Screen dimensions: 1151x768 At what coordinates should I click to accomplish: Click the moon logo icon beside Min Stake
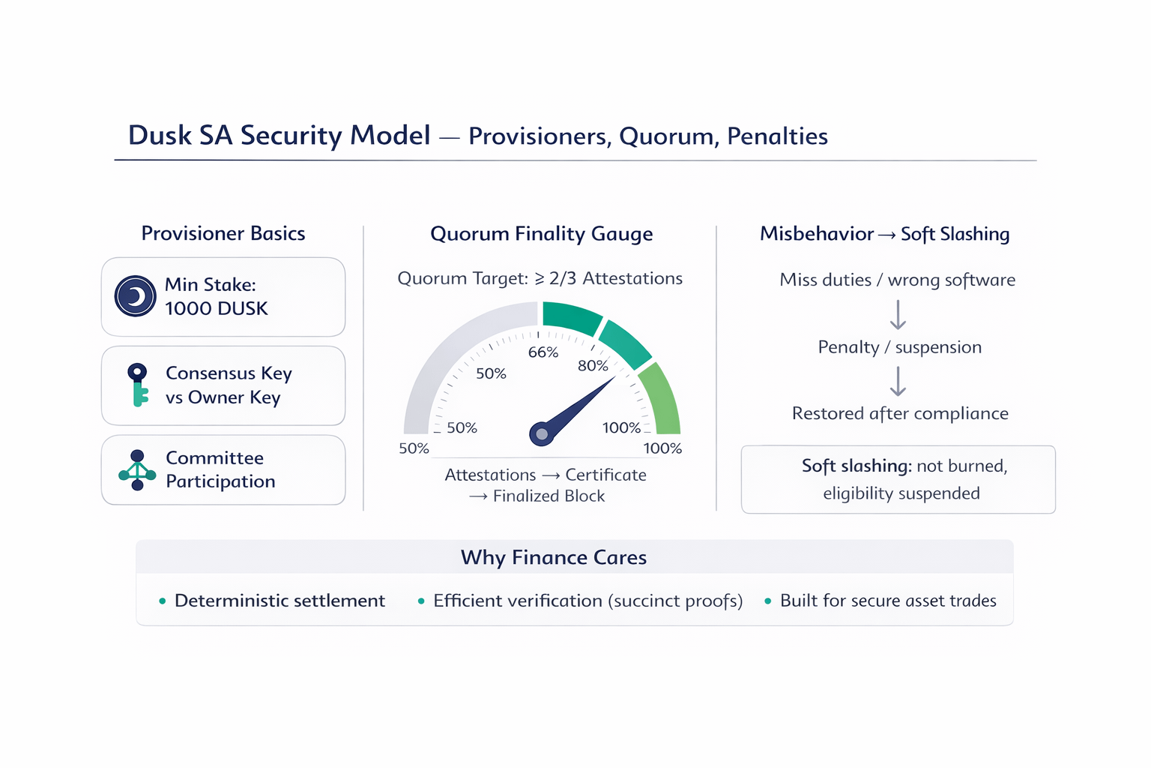click(135, 296)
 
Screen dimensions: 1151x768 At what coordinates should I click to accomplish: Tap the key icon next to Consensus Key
click(137, 384)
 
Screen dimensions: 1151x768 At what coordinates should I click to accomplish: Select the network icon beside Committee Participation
click(137, 470)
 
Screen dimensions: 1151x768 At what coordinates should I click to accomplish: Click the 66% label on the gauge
click(543, 352)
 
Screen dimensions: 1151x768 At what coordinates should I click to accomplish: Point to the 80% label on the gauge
click(593, 366)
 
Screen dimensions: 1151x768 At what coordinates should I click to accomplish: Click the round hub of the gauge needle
click(541, 433)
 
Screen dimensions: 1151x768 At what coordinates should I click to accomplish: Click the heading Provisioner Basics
click(223, 234)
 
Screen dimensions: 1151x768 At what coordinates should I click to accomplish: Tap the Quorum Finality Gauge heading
click(541, 234)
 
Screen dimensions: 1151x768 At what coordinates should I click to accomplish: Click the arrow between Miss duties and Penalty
click(898, 315)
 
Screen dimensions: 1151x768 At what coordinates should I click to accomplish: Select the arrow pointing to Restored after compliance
click(898, 381)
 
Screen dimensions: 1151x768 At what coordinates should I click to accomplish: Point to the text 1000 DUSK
click(217, 309)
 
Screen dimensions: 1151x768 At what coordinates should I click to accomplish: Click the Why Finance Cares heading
click(553, 557)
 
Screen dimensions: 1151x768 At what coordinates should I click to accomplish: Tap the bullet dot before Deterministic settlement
click(162, 601)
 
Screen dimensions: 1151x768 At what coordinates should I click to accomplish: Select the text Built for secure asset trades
click(888, 601)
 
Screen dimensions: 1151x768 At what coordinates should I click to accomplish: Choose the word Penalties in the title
click(777, 136)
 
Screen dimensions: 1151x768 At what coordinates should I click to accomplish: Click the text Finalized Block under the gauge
click(549, 496)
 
